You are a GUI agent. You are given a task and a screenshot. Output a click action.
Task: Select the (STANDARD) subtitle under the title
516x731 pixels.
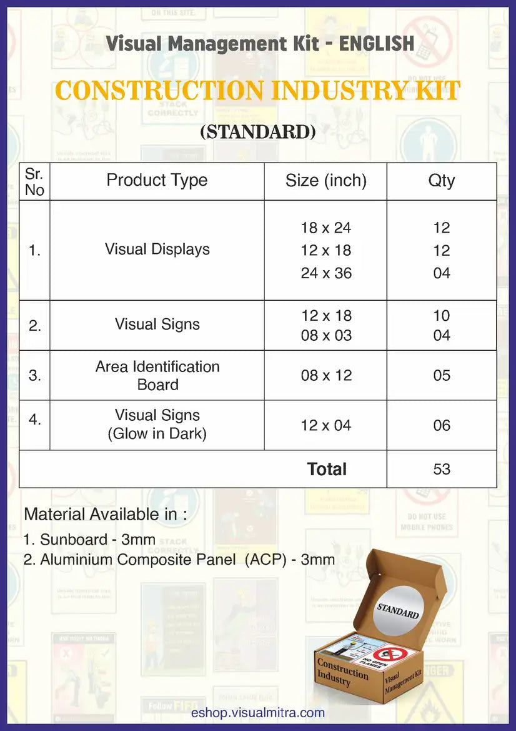pyautogui.click(x=257, y=132)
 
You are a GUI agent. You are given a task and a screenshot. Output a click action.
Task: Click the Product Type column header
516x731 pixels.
pyautogui.click(x=157, y=180)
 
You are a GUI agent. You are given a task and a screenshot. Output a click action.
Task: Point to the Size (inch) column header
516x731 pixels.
pyautogui.click(x=325, y=181)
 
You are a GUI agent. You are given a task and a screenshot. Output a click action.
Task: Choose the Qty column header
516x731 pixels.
pyautogui.click(x=441, y=181)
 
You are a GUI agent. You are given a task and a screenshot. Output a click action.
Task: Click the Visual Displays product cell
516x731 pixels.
pyautogui.click(x=157, y=249)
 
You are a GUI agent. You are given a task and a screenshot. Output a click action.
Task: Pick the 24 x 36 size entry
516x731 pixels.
pyautogui.click(x=325, y=273)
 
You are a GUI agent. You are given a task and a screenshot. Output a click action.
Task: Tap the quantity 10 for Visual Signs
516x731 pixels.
pyautogui.click(x=441, y=316)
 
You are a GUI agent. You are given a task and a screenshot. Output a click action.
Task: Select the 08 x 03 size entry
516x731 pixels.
pyautogui.click(x=325, y=335)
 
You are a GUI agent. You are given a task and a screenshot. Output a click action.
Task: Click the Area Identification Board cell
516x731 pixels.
pyautogui.click(x=157, y=375)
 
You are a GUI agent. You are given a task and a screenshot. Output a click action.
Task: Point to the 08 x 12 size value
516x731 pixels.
pyautogui.click(x=325, y=375)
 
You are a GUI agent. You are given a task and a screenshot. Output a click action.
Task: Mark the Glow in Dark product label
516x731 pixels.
pyautogui.click(x=157, y=433)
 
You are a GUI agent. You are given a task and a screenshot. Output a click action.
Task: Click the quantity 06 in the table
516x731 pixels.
pyautogui.click(x=441, y=425)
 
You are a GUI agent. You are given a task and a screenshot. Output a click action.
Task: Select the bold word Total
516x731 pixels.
pyautogui.click(x=327, y=469)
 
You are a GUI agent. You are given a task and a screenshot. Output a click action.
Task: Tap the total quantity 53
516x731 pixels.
pyautogui.click(x=441, y=469)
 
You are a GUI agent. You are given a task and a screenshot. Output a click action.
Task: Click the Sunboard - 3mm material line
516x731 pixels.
pyautogui.click(x=98, y=539)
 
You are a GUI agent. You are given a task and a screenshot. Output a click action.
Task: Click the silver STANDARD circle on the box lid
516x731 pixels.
pyautogui.click(x=397, y=610)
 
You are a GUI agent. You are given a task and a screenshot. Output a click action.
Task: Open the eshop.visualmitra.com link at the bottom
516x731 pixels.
pyautogui.click(x=258, y=713)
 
